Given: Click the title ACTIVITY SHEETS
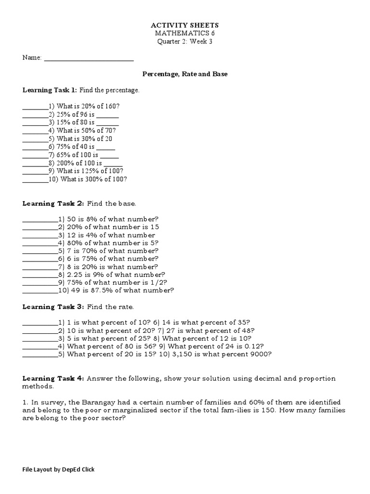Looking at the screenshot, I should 185,25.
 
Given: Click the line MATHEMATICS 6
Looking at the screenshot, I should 185,33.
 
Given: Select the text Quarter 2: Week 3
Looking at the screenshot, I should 185,41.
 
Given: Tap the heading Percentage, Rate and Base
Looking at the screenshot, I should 185,74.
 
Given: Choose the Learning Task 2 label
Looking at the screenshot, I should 53,203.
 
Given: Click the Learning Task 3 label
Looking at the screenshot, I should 53,306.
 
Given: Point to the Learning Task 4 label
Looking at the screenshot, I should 53,379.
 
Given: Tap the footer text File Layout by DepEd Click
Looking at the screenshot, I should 59,469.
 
